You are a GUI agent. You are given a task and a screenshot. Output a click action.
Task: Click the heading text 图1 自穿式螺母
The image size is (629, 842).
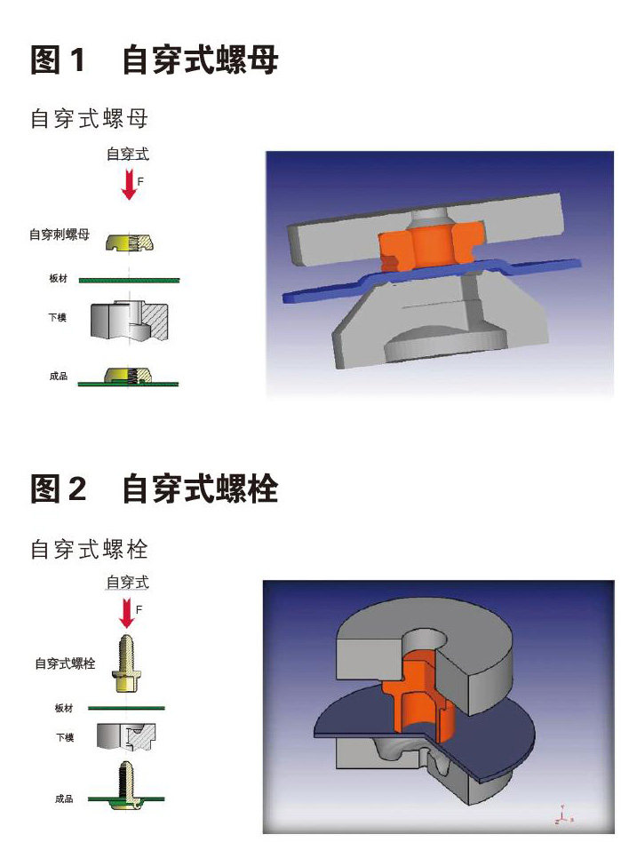point(155,60)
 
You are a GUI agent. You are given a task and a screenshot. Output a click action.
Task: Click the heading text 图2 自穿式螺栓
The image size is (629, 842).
point(155,489)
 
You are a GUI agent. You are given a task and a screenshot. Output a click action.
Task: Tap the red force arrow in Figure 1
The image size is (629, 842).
point(129,184)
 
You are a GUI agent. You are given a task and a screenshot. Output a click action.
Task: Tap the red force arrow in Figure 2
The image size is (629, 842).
point(127,613)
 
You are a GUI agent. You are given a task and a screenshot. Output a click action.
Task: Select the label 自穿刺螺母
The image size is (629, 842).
point(60,234)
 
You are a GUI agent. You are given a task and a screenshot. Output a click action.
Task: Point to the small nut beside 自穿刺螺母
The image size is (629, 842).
point(130,243)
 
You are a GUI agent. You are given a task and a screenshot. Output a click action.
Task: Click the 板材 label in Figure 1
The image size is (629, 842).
point(58,278)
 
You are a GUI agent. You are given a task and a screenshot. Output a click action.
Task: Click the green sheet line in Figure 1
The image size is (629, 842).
point(129,280)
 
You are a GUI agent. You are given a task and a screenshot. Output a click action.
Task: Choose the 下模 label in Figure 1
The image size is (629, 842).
point(58,317)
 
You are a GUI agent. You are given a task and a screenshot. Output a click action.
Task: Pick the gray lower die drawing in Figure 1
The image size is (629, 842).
point(129,322)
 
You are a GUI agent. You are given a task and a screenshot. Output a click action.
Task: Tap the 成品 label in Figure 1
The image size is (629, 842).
point(59,376)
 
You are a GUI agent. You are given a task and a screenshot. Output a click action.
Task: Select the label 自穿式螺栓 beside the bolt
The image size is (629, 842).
point(65,663)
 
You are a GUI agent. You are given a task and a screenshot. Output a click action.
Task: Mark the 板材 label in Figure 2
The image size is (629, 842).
point(64,708)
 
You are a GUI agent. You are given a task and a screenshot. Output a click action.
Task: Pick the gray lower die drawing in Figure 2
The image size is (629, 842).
point(126,736)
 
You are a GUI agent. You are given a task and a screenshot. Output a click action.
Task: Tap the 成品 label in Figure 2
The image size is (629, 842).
point(64,798)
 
